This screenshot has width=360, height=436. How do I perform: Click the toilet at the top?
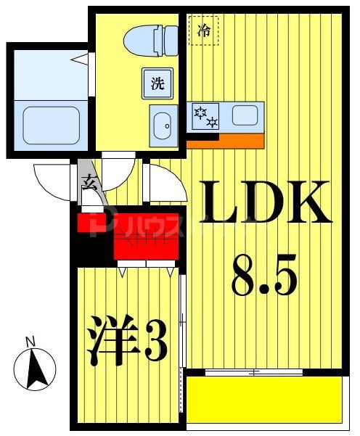point(150,39)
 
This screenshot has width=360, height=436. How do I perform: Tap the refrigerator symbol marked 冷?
point(204,31)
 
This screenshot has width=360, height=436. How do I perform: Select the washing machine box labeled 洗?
point(157,83)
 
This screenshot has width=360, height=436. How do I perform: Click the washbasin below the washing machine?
point(163,124)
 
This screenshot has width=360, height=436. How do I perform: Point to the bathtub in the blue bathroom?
point(51,125)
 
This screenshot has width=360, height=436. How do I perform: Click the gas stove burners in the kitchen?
point(205,117)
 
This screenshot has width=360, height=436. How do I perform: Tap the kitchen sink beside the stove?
point(244,115)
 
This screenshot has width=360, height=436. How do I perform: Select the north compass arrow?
point(36,368)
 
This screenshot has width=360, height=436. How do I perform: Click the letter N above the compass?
point(30,341)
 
